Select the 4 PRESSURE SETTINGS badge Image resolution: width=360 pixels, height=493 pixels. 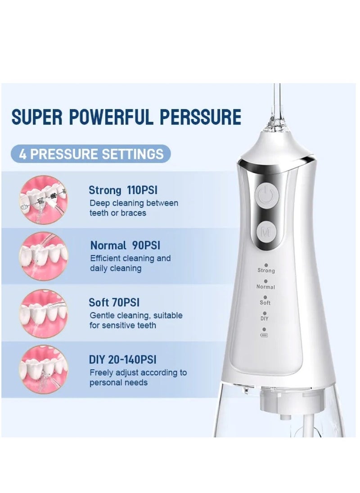click(x=91, y=154)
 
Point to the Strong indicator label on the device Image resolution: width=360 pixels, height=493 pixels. click(x=266, y=271)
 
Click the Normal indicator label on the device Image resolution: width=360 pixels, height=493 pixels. click(x=265, y=287)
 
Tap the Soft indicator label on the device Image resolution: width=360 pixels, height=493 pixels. click(x=265, y=302)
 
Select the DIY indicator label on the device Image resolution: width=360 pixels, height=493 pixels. click(x=265, y=318)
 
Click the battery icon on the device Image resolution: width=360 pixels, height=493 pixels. click(x=264, y=335)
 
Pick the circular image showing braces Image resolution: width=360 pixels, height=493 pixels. click(x=44, y=199)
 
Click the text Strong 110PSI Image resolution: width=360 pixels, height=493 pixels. click(x=124, y=190)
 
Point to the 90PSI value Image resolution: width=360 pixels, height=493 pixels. click(x=146, y=246)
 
